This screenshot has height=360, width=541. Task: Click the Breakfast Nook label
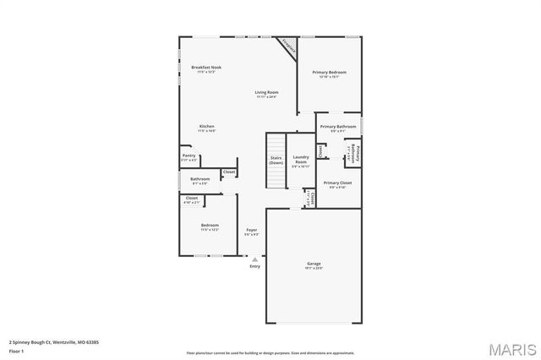click(206, 67)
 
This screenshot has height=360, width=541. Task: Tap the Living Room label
click(267, 92)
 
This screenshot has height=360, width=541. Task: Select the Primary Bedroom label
click(330, 73)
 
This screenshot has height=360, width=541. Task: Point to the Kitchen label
click(206, 126)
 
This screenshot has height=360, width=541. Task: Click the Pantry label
click(189, 155)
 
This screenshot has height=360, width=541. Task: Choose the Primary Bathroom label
click(336, 127)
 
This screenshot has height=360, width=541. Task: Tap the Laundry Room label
click(301, 159)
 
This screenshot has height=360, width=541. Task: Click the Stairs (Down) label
click(276, 159)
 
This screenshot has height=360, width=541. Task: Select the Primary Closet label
click(337, 183)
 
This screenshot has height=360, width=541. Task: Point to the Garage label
click(314, 264)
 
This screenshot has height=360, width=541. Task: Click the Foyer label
click(251, 230)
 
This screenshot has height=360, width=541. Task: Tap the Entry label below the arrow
click(254, 267)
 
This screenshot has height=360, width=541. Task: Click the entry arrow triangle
click(254, 259)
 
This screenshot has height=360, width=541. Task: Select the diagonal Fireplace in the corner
click(288, 47)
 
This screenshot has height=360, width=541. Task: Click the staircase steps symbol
click(275, 177)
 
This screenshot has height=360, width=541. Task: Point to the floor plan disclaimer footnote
click(270, 352)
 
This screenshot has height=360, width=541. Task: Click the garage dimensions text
click(314, 268)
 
